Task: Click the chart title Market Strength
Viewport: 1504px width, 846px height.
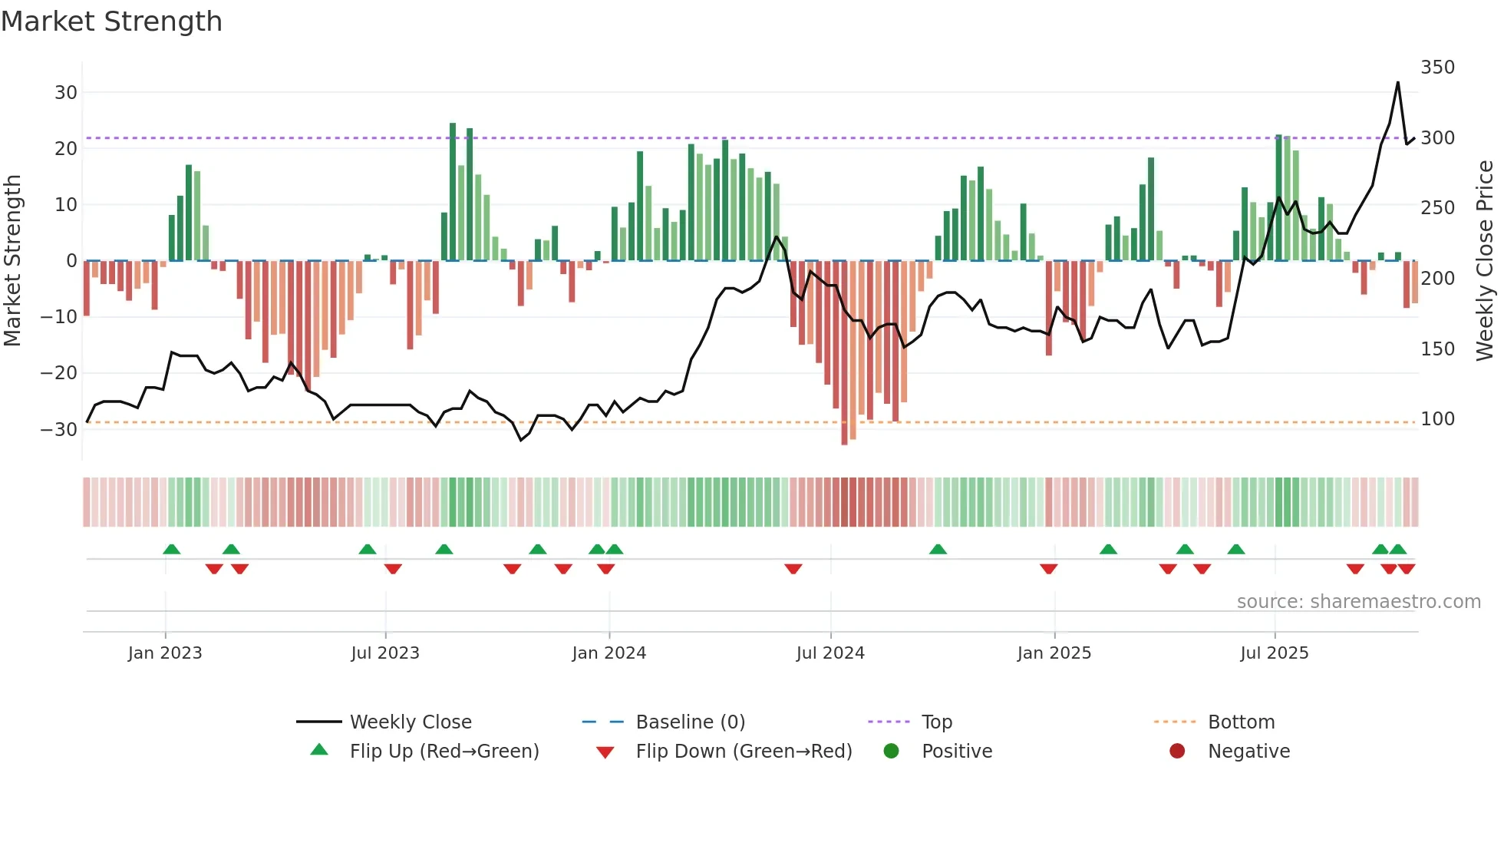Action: click(112, 21)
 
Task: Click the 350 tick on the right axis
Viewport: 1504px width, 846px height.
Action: click(1437, 68)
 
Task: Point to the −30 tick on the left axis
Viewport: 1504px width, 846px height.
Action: click(59, 429)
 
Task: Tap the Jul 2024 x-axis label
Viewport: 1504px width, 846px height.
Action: click(830, 653)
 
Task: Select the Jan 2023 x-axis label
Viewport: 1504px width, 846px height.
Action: click(165, 653)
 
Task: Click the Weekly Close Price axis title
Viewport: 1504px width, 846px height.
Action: click(1485, 261)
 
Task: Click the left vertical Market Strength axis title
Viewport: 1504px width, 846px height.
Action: click(13, 261)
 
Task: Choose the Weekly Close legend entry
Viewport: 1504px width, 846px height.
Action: click(411, 722)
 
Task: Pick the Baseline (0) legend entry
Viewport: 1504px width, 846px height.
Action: click(690, 722)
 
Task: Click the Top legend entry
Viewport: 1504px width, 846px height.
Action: click(936, 722)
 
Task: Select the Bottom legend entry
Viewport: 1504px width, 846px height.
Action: click(1241, 722)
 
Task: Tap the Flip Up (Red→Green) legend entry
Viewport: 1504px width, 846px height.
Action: click(444, 752)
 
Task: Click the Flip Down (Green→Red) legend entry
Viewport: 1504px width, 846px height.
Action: click(744, 752)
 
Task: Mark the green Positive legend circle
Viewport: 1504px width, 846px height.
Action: click(891, 751)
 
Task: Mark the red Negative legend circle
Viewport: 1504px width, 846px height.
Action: click(1177, 751)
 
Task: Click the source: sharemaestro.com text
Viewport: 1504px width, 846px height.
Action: click(1358, 602)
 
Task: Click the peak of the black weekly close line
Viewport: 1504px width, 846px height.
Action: click(1397, 83)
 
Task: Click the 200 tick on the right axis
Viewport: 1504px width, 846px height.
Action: click(1437, 279)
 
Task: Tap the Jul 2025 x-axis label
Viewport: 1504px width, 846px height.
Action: click(1274, 653)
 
